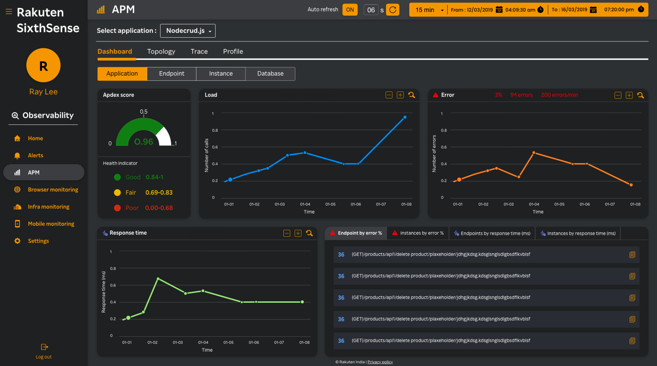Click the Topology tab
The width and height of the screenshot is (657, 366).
pyautogui.click(x=161, y=52)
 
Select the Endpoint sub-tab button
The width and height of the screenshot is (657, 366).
pyautogui.click(x=172, y=74)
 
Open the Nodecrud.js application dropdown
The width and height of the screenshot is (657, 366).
pyautogui.click(x=188, y=31)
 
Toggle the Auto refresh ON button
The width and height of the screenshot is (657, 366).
pyautogui.click(x=350, y=10)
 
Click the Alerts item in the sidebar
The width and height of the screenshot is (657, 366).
pyautogui.click(x=35, y=156)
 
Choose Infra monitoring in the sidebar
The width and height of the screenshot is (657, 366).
pyautogui.click(x=48, y=207)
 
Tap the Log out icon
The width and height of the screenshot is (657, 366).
pyautogui.click(x=44, y=347)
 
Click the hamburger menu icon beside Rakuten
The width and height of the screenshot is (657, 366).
pyautogui.click(x=9, y=12)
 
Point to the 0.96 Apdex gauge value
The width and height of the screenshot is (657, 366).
pyautogui.click(x=144, y=142)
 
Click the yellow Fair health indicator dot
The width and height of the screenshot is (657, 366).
pyautogui.click(x=117, y=193)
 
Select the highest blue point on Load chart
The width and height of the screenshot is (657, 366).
pyautogui.click(x=405, y=117)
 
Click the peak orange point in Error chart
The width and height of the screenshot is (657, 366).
pyautogui.click(x=534, y=153)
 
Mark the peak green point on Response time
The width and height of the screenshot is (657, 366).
pyautogui.click(x=158, y=279)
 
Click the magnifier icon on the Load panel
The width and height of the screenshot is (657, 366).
pyautogui.click(x=412, y=95)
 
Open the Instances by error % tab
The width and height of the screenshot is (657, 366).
pyautogui.click(x=418, y=233)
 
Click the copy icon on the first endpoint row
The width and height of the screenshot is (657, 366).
pyautogui.click(x=632, y=255)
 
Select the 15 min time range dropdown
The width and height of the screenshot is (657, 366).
pyautogui.click(x=429, y=10)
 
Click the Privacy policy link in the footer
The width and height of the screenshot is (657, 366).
pyautogui.click(x=380, y=362)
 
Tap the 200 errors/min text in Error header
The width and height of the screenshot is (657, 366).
pyautogui.click(x=559, y=95)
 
